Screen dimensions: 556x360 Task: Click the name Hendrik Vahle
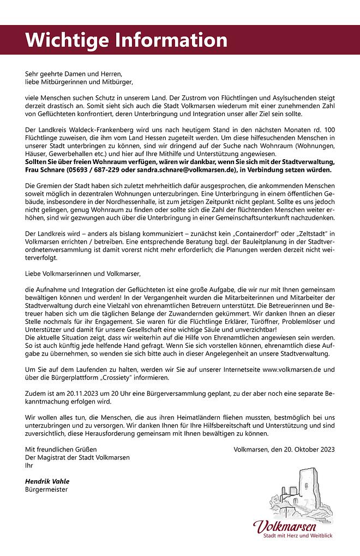tap(47, 481)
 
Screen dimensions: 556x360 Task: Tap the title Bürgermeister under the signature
tap(47, 489)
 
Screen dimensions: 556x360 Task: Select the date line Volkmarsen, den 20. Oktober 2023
tap(284, 450)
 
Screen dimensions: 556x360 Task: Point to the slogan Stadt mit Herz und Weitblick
tap(298, 536)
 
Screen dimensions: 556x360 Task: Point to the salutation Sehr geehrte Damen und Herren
tap(74, 73)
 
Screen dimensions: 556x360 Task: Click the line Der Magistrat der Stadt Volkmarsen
tap(76, 457)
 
